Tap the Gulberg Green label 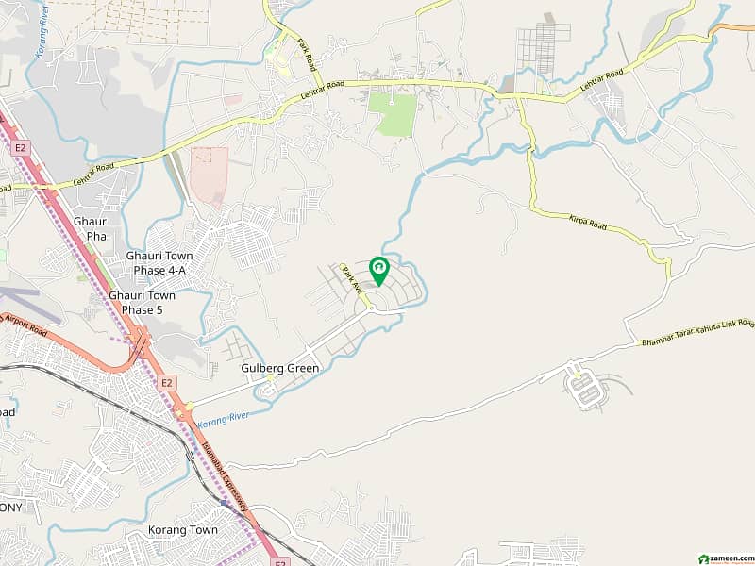281,368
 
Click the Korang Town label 183,530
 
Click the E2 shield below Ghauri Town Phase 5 167,382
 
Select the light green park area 393,114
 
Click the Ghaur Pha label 90,228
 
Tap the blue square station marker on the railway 224,504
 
